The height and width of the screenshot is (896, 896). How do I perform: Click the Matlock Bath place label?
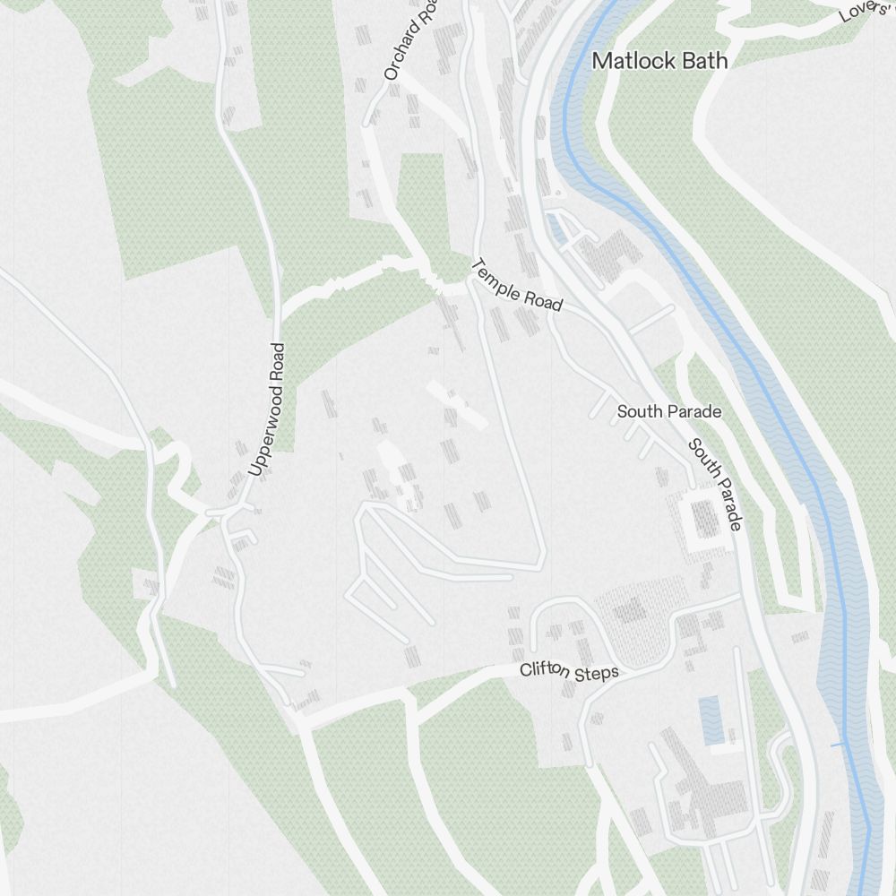pos(660,61)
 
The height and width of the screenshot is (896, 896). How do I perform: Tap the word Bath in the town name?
pos(704,61)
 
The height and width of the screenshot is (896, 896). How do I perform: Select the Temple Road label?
pos(516,285)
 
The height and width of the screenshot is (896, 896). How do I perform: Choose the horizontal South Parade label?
pos(668,411)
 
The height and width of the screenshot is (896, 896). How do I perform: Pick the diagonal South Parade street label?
pos(715,485)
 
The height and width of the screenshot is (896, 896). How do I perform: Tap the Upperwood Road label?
pos(266,409)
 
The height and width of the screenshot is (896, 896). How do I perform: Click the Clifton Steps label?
pos(569,671)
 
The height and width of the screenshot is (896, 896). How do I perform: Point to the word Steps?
pos(599,673)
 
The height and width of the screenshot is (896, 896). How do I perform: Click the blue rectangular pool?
pos(712,720)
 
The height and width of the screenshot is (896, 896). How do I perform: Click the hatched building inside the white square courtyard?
pos(705,519)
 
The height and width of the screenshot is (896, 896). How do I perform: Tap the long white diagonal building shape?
pos(456,404)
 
